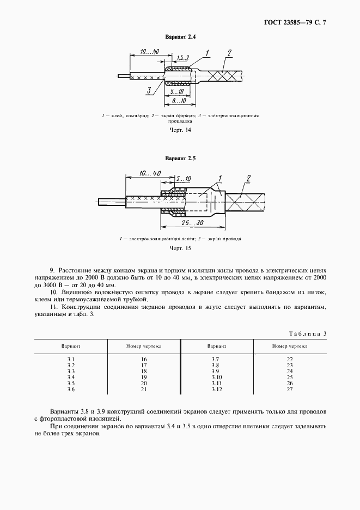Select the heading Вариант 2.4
point(180,37)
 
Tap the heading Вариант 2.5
point(180,159)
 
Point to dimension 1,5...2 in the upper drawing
point(183,57)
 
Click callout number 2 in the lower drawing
point(248,178)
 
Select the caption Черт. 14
point(180,130)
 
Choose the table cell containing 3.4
point(71,377)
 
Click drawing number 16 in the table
point(144,359)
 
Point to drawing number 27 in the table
point(290,390)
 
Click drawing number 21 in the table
point(144,390)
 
